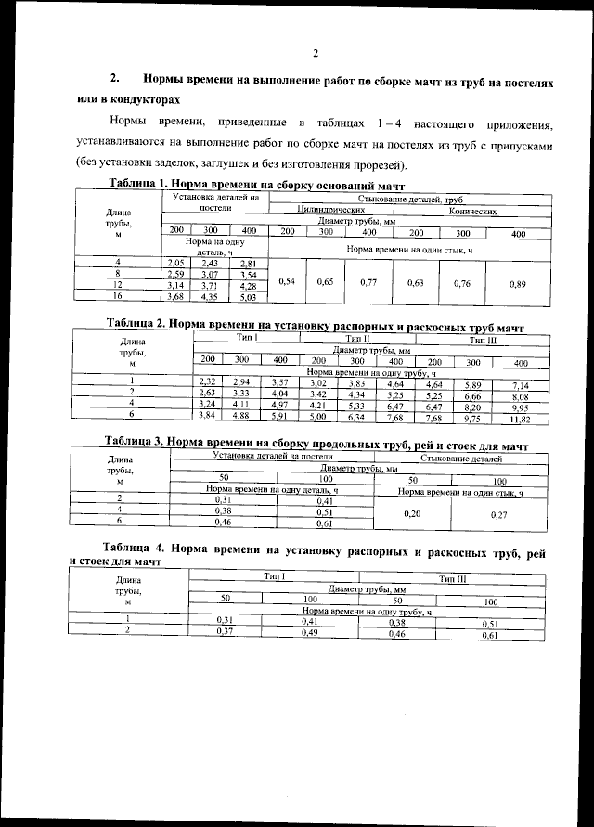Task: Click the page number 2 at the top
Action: coord(316,53)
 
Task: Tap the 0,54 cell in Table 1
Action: coord(286,281)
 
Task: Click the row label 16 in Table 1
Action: coord(118,297)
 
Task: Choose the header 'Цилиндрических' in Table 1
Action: coord(329,212)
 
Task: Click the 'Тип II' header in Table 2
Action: coord(357,341)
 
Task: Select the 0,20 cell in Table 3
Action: coord(412,511)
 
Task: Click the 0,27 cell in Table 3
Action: coord(498,512)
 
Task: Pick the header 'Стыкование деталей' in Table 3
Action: coord(461,459)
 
